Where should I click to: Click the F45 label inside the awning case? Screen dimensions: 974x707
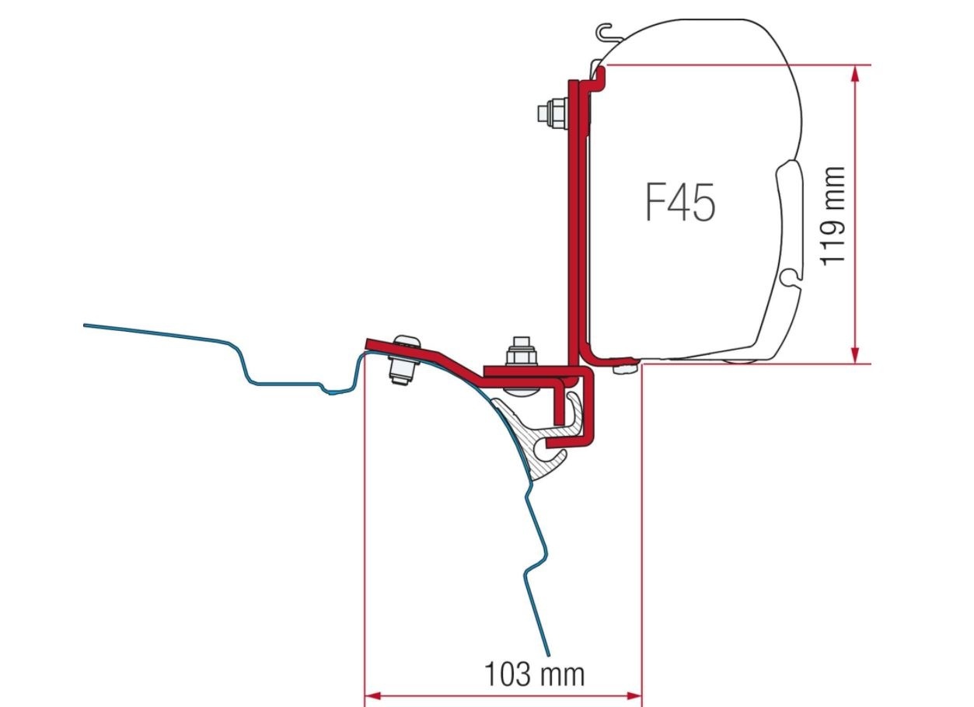pyautogui.click(x=679, y=203)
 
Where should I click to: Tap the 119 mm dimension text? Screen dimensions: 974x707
pyautogui.click(x=833, y=214)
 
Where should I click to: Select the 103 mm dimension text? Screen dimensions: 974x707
pyautogui.click(x=535, y=673)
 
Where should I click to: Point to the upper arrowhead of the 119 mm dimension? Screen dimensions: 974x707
pyautogui.click(x=856, y=72)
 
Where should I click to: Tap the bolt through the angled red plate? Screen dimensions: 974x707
pyautogui.click(x=403, y=358)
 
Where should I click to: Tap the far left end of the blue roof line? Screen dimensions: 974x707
pyautogui.click(x=85, y=325)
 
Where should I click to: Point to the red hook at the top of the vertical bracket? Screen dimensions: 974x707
pyautogui.click(x=601, y=75)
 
